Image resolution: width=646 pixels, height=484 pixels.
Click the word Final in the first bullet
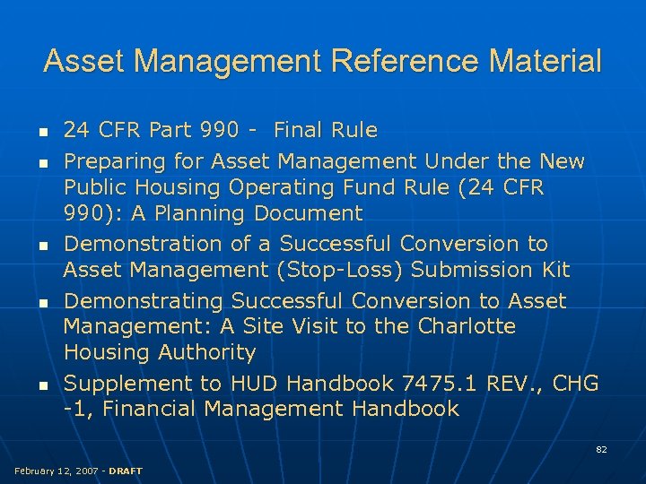point(301,131)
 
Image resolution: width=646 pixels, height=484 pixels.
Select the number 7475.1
point(438,384)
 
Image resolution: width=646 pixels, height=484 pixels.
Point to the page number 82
point(601,449)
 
